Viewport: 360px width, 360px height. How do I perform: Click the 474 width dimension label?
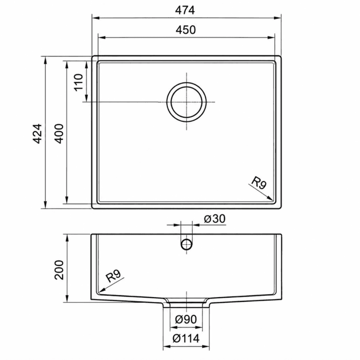click(185, 10)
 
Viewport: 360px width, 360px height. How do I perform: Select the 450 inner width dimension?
click(186, 30)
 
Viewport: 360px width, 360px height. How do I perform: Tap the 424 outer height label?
click(37, 134)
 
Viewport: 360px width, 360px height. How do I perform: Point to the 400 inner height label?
click(59, 134)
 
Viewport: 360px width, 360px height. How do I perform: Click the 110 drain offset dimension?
click(79, 82)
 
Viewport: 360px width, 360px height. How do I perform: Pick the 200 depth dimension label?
click(59, 270)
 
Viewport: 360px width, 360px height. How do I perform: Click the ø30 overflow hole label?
click(215, 219)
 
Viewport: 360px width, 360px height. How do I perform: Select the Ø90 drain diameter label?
click(186, 319)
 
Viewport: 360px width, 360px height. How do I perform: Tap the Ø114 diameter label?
click(186, 338)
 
